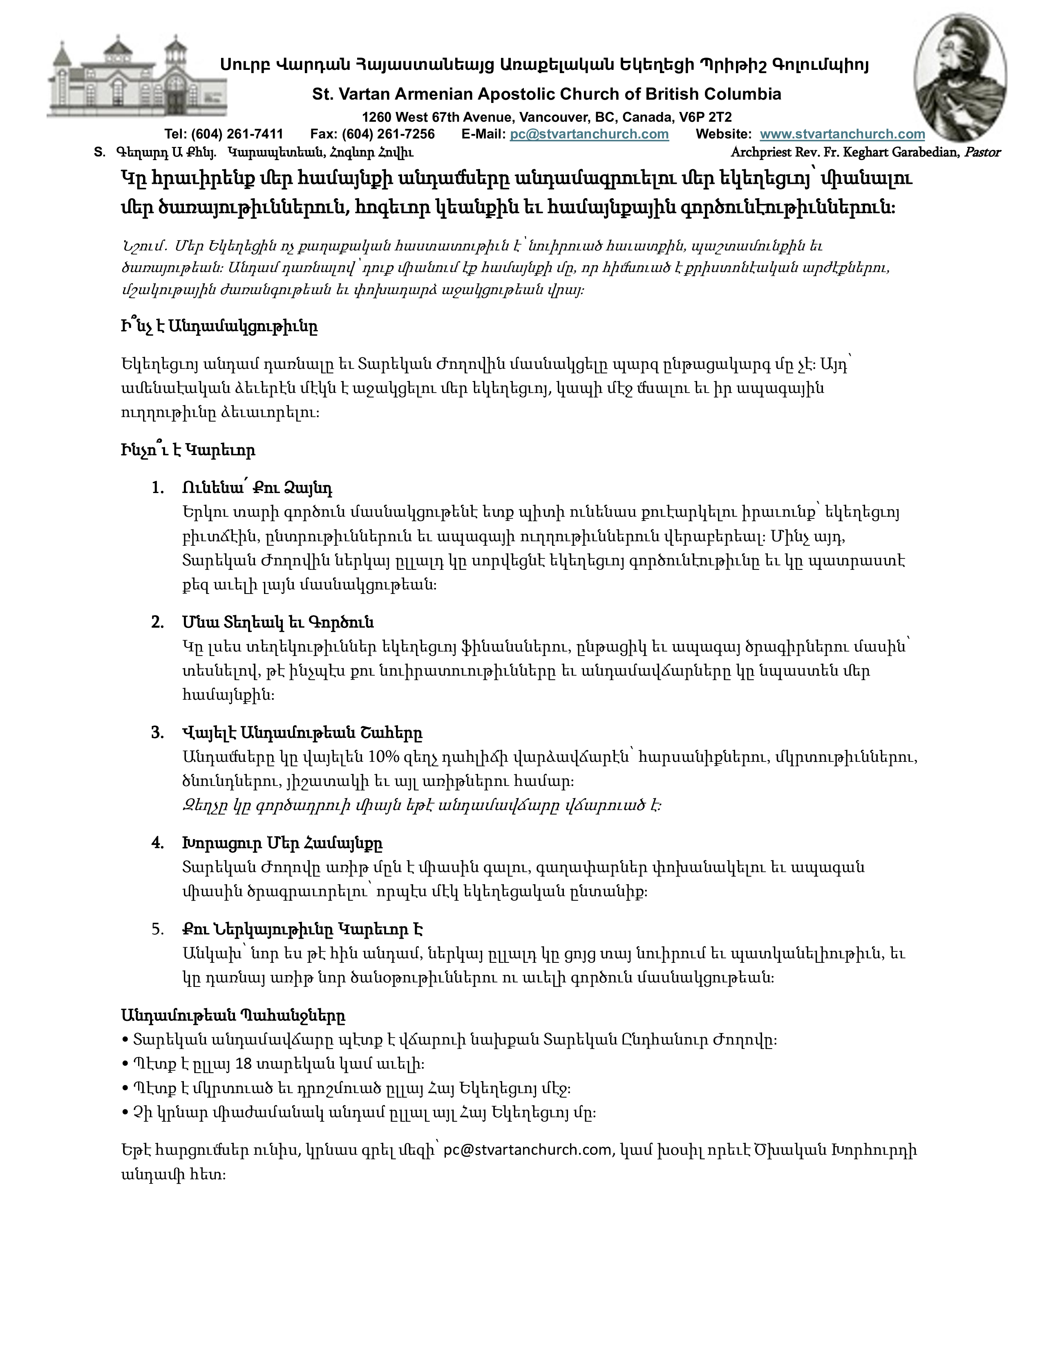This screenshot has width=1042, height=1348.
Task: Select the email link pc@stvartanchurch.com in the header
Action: [x=589, y=134]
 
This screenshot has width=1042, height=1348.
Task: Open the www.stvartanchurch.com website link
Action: [x=842, y=134]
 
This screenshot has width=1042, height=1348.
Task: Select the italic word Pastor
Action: [x=983, y=152]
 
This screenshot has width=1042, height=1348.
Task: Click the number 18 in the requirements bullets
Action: [x=244, y=1064]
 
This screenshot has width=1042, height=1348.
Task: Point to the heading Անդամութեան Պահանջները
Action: [x=233, y=1015]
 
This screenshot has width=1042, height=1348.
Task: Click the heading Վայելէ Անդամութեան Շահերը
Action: [x=302, y=733]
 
